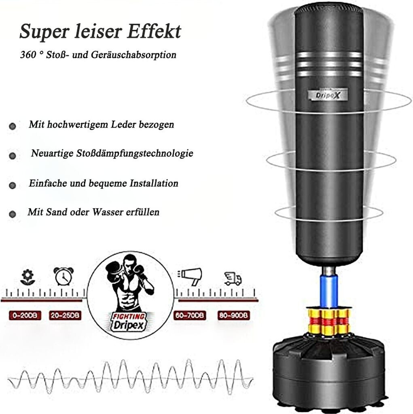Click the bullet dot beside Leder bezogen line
pos(12,126)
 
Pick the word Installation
pos(154,184)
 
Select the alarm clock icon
pos(64,276)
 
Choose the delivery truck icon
pos(233,278)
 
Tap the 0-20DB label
pos(25,315)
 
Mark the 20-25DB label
pos(65,315)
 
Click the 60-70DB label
pos(190,315)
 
